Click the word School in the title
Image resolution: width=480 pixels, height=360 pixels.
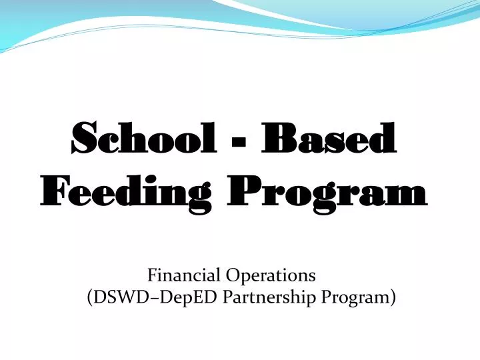click(x=144, y=137)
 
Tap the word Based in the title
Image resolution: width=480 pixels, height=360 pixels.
click(x=329, y=137)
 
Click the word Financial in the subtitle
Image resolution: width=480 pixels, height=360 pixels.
click(x=184, y=275)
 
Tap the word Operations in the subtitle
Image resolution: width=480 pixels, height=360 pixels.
click(x=271, y=276)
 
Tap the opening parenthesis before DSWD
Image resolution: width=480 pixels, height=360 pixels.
click(x=90, y=297)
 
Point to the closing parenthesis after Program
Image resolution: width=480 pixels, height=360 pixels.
click(x=393, y=297)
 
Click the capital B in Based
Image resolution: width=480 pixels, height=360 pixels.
click(x=277, y=138)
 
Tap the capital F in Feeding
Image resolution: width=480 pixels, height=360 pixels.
click(x=56, y=191)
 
